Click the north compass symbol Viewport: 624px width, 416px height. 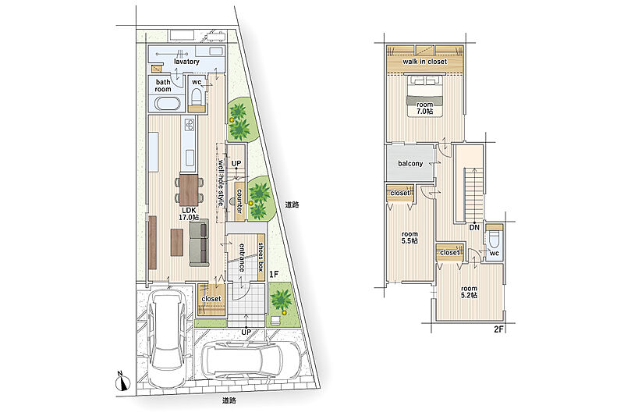click(123, 382)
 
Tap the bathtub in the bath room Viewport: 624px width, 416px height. click(168, 105)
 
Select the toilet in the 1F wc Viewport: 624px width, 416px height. click(197, 96)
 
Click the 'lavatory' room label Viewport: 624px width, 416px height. click(186, 62)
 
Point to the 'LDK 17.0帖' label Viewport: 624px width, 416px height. click(189, 214)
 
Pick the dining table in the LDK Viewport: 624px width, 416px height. click(189, 190)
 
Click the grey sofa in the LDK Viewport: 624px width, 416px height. click(199, 243)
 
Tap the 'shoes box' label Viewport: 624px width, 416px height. click(261, 257)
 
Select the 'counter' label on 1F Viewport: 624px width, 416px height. click(239, 201)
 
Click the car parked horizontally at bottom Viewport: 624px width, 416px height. click(251, 361)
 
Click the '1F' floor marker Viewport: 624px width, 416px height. click(274, 274)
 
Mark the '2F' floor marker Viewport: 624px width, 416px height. click(498, 329)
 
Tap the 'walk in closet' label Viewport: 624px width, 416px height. click(424, 62)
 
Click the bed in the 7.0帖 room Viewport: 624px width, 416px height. click(424, 96)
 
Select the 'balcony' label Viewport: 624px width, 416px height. click(410, 164)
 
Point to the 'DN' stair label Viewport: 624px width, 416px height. click(474, 228)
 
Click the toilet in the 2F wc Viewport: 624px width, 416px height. click(495, 239)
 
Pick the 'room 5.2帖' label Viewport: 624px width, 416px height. click(470, 292)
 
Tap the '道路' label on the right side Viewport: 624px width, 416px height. click(292, 205)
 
